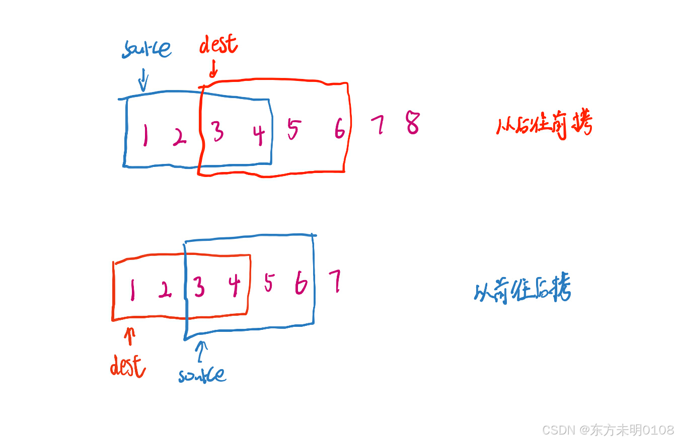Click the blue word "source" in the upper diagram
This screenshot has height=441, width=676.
pos(146,49)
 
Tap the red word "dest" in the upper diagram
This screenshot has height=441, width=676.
pos(218,45)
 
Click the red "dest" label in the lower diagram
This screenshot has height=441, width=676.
pos(128,367)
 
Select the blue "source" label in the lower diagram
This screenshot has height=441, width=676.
pos(202,375)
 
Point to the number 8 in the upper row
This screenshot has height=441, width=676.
pos(413,123)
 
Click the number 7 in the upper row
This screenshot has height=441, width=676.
pos(378,125)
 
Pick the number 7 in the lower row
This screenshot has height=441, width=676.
pos(334,282)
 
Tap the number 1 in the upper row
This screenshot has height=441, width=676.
pos(145,135)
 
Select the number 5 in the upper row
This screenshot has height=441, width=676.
pos(292,129)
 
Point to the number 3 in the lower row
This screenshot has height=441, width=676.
pos(199,288)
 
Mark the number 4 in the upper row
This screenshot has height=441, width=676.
pos(259,135)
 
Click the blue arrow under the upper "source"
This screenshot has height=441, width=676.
pos(143,81)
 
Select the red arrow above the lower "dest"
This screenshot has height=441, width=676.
pos(130,336)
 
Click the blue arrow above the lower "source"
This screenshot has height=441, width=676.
pos(202,351)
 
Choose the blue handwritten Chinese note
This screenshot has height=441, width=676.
pos(522,290)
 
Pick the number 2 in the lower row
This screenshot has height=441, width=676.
pos(164,289)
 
